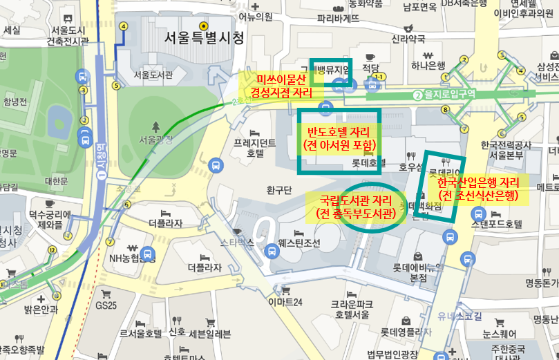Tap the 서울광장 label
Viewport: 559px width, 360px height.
click(x=158, y=139)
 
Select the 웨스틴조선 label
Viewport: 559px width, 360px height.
click(x=299, y=243)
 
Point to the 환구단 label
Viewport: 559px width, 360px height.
click(x=281, y=189)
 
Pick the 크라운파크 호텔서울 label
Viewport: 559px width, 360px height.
click(x=352, y=308)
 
